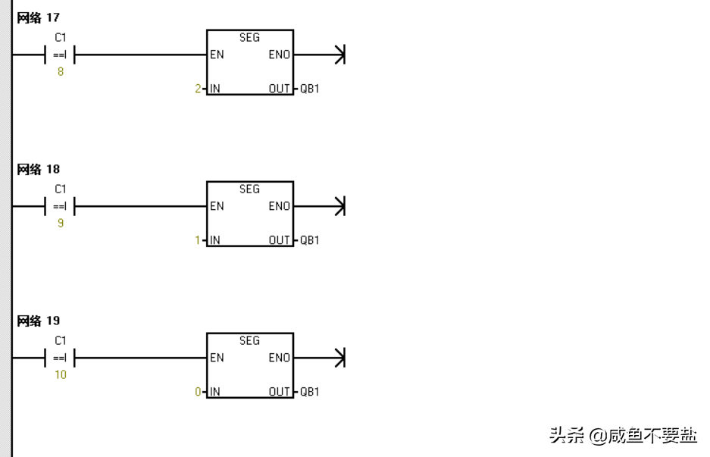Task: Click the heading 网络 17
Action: coord(39,17)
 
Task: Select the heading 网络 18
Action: coord(39,169)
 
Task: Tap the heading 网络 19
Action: coord(39,321)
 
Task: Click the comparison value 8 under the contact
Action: coord(60,72)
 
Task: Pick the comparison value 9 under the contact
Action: coord(60,224)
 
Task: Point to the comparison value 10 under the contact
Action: coord(60,375)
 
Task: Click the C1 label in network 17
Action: coord(60,37)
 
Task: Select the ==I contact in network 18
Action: coord(60,206)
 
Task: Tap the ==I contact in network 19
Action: coord(60,358)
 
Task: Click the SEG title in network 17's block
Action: coord(249,37)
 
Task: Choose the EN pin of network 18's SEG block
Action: coord(217,206)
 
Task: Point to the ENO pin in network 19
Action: coord(279,358)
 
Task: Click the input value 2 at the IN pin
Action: coord(198,89)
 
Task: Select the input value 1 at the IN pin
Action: coord(198,240)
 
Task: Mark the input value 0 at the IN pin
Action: coord(198,392)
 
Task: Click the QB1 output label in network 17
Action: coord(310,89)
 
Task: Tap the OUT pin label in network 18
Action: coord(279,240)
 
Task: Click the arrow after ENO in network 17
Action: coord(339,55)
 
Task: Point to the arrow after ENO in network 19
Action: coord(339,358)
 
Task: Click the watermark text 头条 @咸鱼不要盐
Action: coord(623,436)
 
